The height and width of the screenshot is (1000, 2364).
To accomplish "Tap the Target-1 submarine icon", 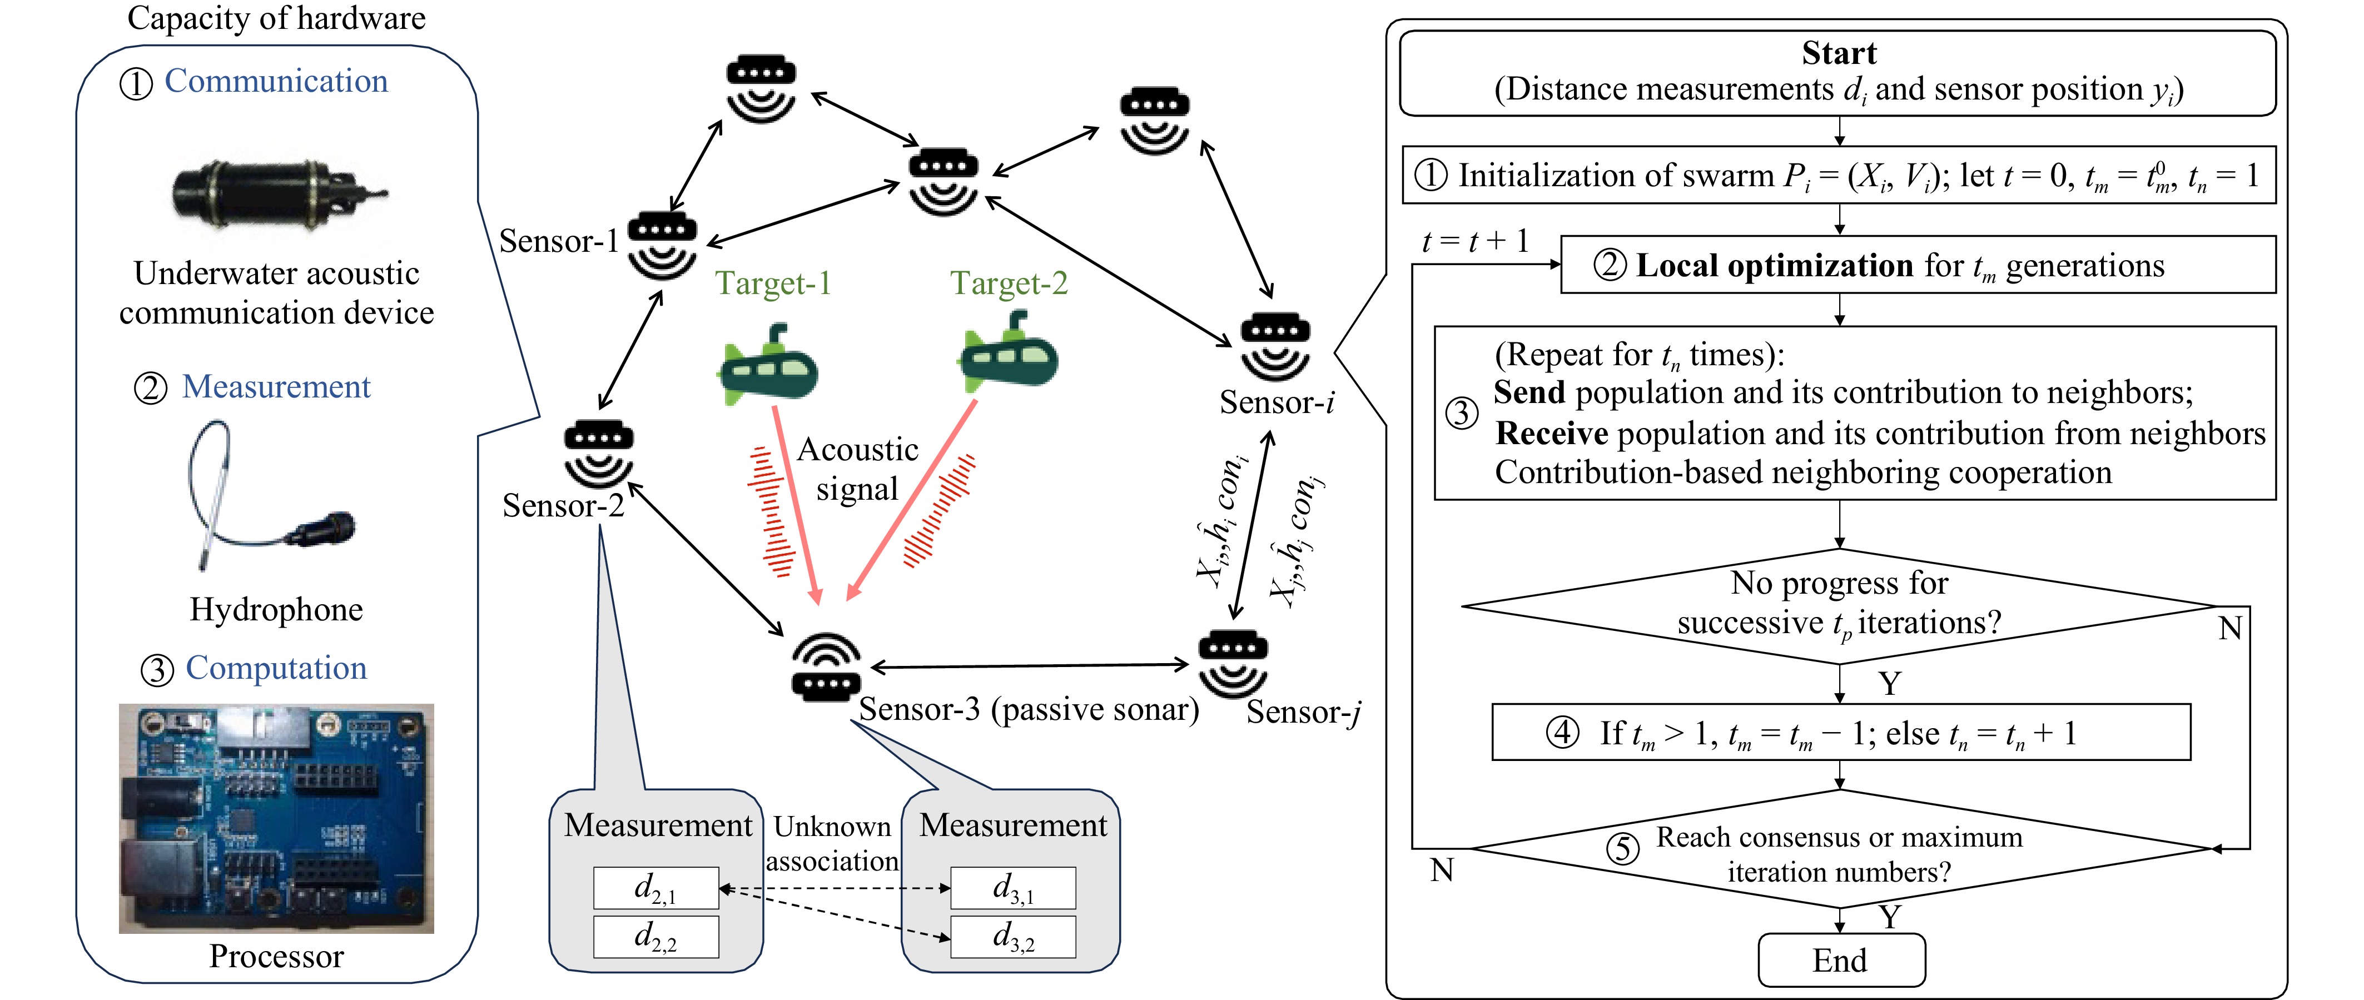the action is click(767, 364).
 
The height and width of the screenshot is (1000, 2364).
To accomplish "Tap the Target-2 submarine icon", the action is click(1007, 352).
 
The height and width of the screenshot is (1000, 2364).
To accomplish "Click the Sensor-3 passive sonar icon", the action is click(826, 667).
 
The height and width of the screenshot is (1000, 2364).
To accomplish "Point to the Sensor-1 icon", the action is click(662, 246).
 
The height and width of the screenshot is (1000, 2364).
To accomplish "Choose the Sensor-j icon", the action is click(1233, 663).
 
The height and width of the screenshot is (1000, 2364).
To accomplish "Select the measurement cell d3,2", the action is click(1013, 937).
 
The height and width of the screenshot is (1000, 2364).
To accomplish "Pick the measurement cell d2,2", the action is click(656, 937).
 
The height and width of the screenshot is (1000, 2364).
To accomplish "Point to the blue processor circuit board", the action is click(276, 818).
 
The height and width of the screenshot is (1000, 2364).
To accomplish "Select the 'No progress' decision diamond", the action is click(1839, 605).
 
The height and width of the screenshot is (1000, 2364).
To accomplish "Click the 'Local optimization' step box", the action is click(1918, 265).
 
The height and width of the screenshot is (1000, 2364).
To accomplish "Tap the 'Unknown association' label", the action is click(832, 844).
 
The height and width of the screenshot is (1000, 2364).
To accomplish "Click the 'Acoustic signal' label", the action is click(857, 469).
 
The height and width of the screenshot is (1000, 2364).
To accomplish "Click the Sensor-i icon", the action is click(1275, 347).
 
